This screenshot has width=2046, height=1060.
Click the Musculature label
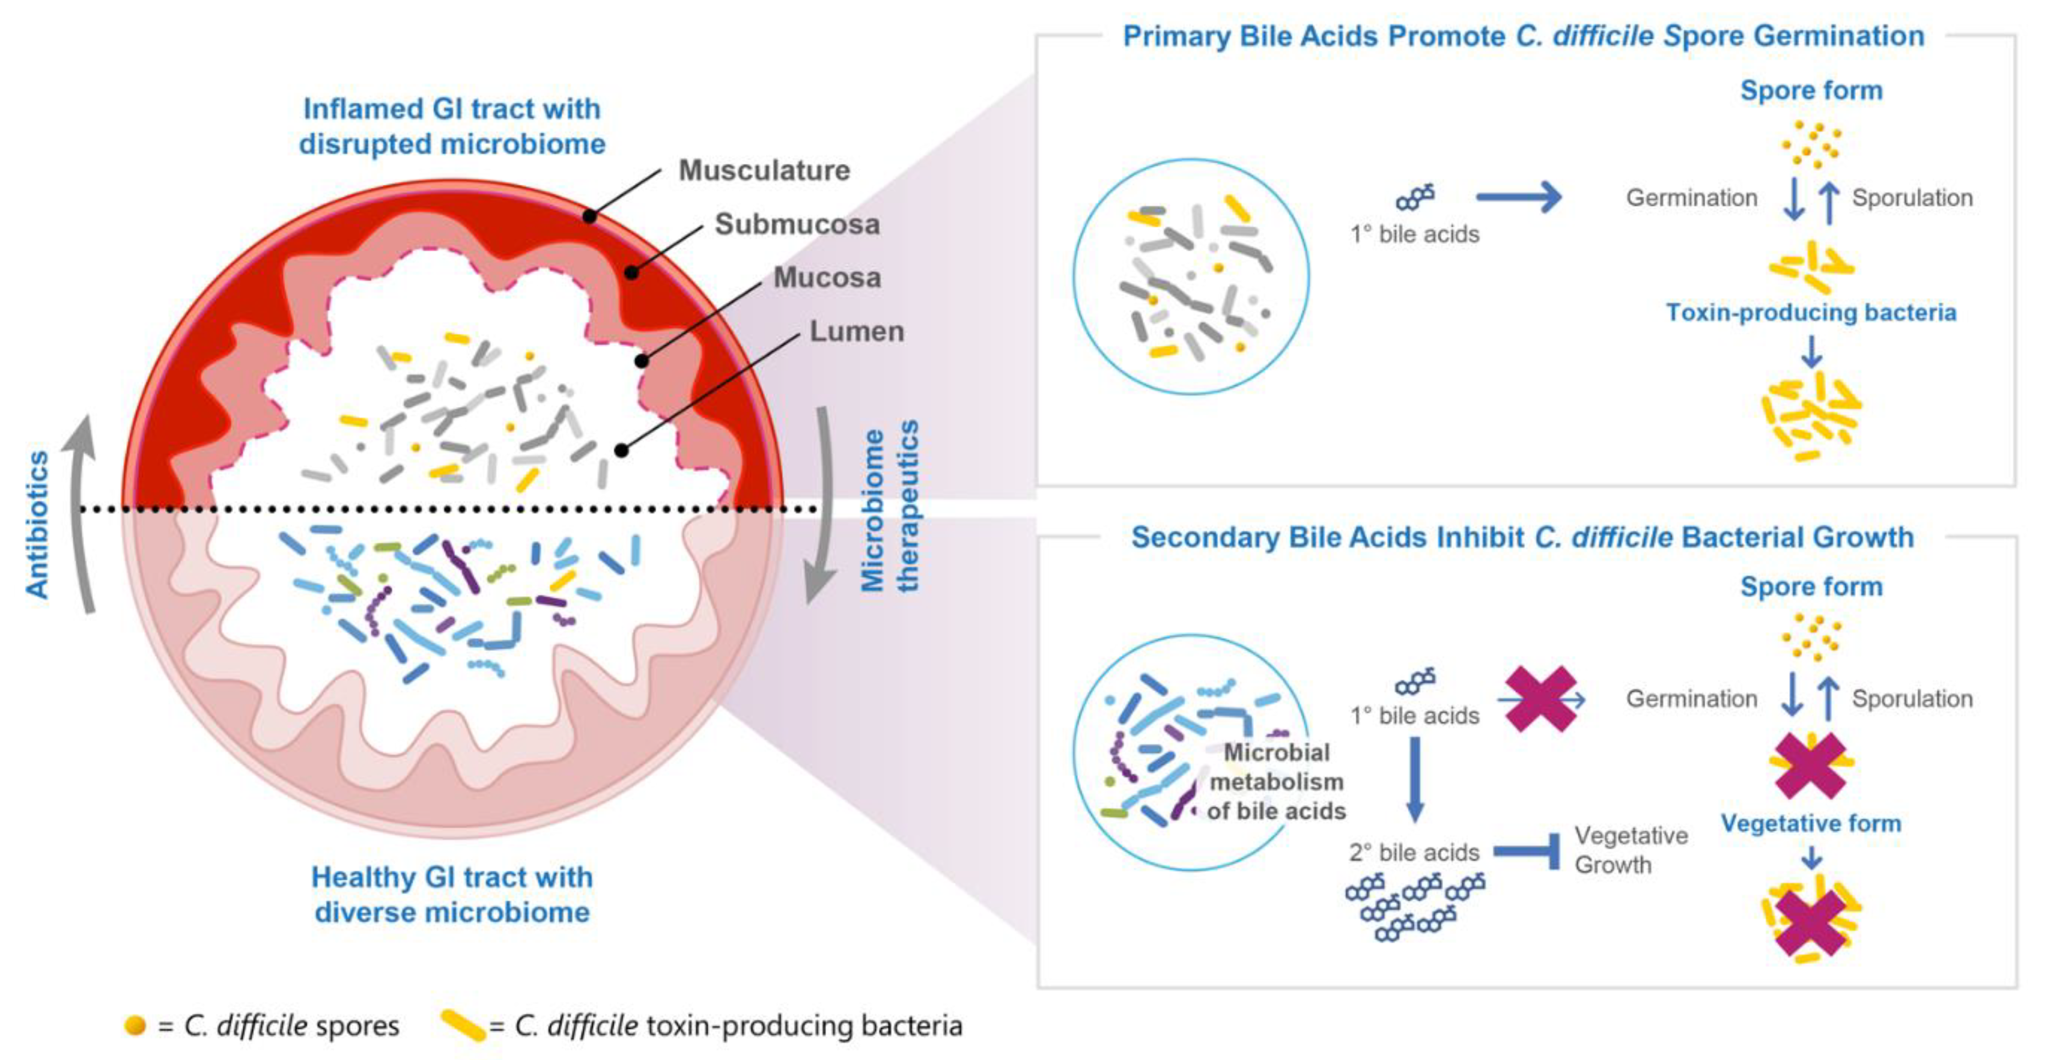[764, 170]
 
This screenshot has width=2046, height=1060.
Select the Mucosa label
[827, 277]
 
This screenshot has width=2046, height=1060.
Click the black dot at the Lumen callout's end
[621, 450]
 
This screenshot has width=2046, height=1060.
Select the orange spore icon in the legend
[135, 1025]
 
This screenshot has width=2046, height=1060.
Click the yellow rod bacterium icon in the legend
[463, 1025]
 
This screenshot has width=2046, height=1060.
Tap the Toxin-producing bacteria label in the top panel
[1810, 312]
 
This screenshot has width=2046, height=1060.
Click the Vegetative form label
[1810, 823]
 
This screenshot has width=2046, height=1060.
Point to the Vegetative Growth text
[1630, 850]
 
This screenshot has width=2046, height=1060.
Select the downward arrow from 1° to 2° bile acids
[1414, 779]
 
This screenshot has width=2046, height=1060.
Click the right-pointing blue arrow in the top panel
[1518, 196]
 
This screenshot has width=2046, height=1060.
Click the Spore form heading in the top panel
[1810, 91]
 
